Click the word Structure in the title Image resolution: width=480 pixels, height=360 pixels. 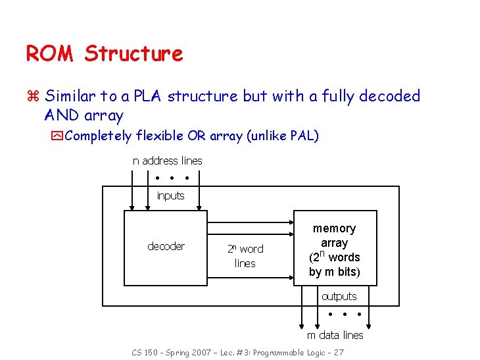133,53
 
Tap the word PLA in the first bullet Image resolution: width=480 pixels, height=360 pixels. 148,96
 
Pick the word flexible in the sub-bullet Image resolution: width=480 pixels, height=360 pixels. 160,136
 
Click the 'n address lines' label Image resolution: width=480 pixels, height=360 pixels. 168,161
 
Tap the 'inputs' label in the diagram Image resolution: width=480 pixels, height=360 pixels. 170,195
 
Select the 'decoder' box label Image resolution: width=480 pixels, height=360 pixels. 166,246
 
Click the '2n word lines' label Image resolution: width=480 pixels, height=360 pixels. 245,256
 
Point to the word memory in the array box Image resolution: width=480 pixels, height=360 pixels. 334,228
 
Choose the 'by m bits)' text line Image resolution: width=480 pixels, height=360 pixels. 334,272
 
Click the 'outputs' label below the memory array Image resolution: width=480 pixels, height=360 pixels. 339,296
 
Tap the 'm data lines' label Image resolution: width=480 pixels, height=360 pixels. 335,335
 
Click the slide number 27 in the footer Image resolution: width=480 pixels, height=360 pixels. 338,353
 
